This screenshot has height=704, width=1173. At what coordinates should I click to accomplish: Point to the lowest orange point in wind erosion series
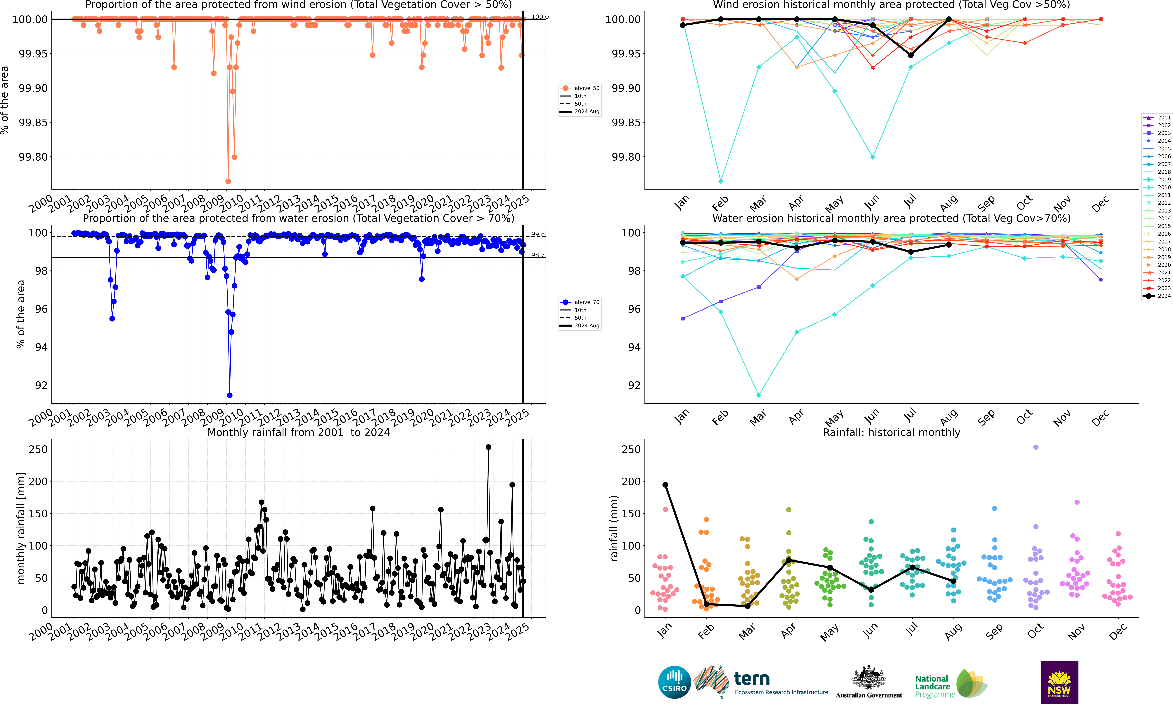click(228, 181)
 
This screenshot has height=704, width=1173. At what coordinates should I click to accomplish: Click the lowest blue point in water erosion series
click(230, 395)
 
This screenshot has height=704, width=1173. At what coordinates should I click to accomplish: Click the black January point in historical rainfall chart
click(665, 485)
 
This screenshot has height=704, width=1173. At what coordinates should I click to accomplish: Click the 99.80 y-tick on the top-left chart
click(33, 157)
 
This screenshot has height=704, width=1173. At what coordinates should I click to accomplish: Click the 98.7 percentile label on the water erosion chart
click(538, 255)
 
